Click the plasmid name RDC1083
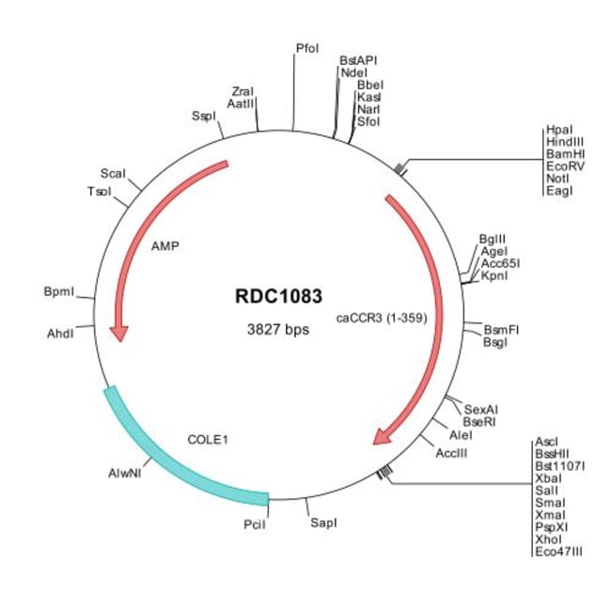click(x=278, y=296)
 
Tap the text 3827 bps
click(x=278, y=330)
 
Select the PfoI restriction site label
click(x=307, y=48)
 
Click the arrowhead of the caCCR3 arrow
click(x=383, y=435)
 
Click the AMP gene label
click(x=165, y=246)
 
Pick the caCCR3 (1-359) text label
click(x=382, y=318)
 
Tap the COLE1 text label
click(x=208, y=440)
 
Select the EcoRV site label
click(x=565, y=166)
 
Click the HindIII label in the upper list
click(x=565, y=142)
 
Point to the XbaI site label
click(x=549, y=478)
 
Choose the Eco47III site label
click(x=559, y=552)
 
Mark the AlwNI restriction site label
click(x=125, y=474)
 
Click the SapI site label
click(x=323, y=523)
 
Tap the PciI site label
click(x=255, y=525)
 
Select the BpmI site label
click(x=59, y=291)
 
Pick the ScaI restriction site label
click(x=113, y=173)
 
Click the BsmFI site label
click(x=501, y=330)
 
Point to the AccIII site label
click(x=451, y=453)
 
